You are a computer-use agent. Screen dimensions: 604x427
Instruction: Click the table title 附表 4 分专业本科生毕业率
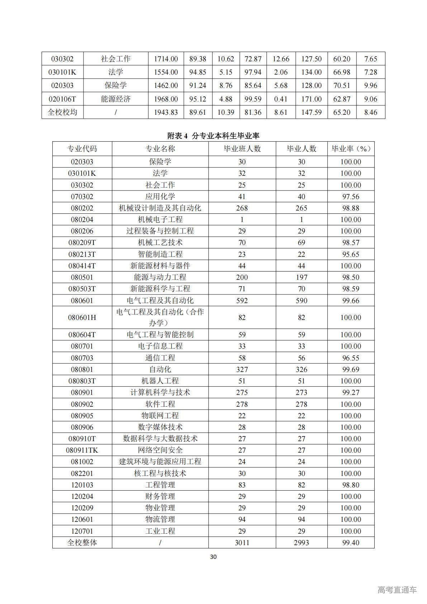(x=213, y=136)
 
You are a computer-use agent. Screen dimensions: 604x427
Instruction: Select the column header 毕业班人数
(x=242, y=149)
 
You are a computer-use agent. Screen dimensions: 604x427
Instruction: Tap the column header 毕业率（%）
(x=351, y=149)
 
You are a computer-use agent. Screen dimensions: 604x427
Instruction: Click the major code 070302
(x=82, y=197)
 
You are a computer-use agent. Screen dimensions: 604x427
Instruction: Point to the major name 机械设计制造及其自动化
(x=160, y=208)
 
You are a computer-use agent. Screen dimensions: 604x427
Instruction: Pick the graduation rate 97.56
(x=351, y=197)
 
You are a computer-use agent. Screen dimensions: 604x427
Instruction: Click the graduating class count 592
(x=242, y=301)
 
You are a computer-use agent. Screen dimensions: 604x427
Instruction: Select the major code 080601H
(x=82, y=317)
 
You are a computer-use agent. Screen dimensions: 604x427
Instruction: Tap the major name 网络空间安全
(x=160, y=450)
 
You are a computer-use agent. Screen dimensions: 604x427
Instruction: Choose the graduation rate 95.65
(x=351, y=254)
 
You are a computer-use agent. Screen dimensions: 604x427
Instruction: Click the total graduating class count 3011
(x=242, y=543)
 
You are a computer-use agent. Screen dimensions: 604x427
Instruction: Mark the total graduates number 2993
(x=301, y=543)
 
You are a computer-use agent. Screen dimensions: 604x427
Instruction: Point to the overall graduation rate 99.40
(x=351, y=543)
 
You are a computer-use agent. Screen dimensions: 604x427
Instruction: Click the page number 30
(x=213, y=557)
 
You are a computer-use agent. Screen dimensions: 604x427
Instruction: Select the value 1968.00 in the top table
(x=166, y=99)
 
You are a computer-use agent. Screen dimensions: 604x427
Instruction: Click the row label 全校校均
(x=62, y=112)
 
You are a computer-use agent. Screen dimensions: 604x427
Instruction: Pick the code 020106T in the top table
(x=62, y=99)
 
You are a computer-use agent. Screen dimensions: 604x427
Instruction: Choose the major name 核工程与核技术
(x=160, y=473)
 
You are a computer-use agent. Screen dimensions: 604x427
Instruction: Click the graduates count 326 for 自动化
(x=301, y=369)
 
